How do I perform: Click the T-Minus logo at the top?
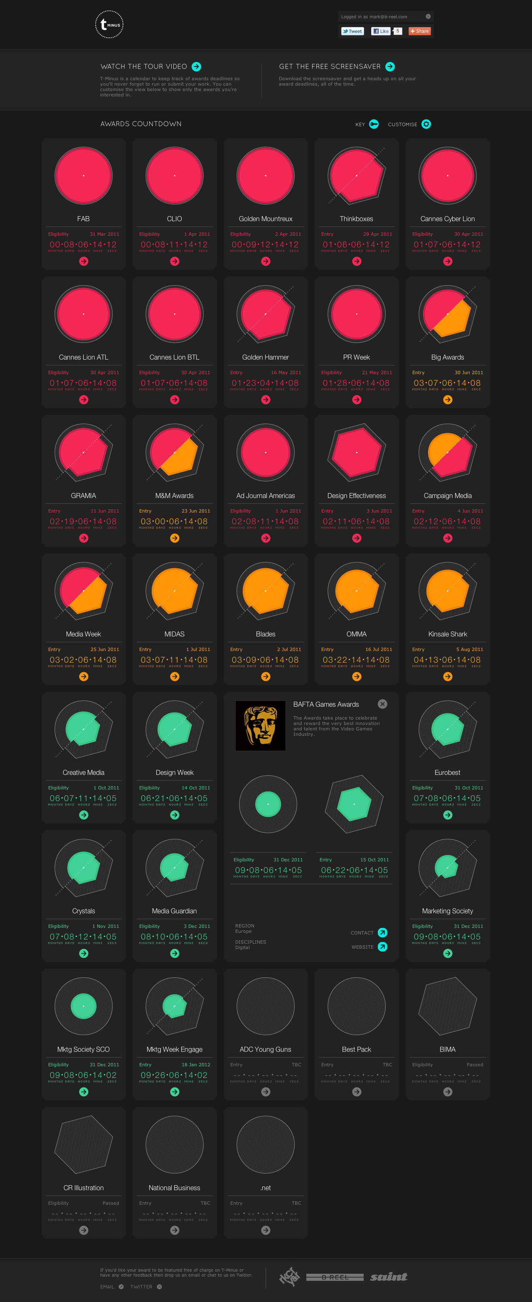tap(109, 24)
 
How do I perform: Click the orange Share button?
tap(419, 31)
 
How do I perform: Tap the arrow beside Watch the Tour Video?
tap(197, 67)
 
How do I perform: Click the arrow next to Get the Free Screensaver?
tap(390, 67)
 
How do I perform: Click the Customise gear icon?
tap(426, 124)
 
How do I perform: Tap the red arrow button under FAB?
tap(84, 261)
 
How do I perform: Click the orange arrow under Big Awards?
tap(448, 400)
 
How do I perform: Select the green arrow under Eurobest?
tap(448, 815)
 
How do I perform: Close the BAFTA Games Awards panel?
tap(382, 704)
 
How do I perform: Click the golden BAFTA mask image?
tap(261, 726)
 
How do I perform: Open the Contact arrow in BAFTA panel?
tap(382, 932)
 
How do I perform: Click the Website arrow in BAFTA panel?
tap(382, 947)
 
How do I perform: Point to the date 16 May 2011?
tap(286, 372)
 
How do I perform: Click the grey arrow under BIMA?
tap(448, 1092)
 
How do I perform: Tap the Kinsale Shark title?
tap(448, 634)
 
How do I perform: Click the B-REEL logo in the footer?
tap(335, 1277)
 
